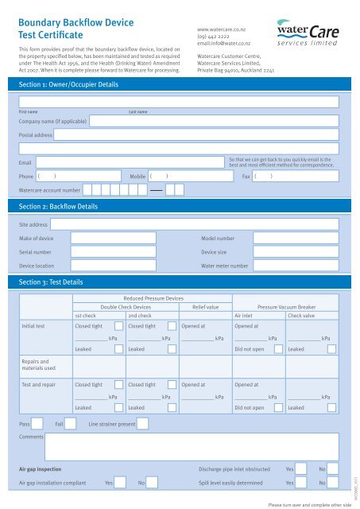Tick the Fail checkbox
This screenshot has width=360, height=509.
(x=72, y=425)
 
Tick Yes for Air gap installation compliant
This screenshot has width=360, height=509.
(x=122, y=483)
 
